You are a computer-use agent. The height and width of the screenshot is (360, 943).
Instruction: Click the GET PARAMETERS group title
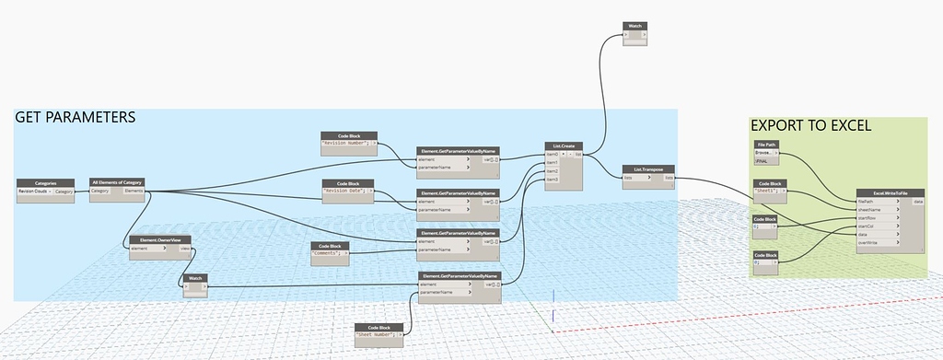pos(76,118)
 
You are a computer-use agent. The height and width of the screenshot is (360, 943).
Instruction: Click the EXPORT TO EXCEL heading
pos(810,126)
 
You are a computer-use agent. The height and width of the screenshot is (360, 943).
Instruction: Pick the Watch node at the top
pos(635,26)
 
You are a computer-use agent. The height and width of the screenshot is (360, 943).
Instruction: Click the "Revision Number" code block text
pos(344,144)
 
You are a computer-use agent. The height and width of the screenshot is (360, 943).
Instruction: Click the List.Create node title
pos(564,145)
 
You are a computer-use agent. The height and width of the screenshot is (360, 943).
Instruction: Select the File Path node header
pos(767,145)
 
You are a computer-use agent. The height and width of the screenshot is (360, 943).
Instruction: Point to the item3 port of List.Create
pos(553,179)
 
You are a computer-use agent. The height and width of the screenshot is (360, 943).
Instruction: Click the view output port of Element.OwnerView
pos(185,249)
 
